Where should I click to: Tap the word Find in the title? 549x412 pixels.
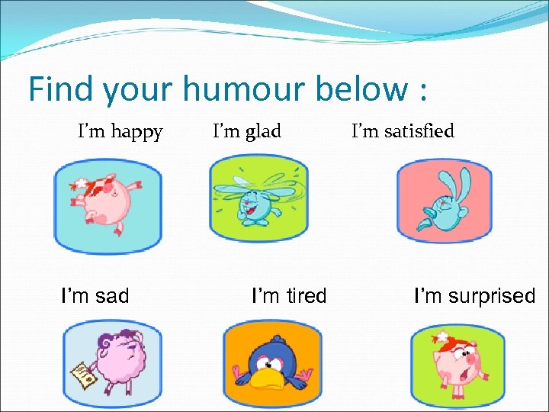[x=62, y=89]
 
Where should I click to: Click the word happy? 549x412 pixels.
[x=136, y=133]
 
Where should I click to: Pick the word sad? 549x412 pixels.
[x=111, y=295]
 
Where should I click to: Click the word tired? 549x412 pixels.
[x=306, y=295]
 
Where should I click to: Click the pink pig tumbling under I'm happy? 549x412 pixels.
[x=104, y=199]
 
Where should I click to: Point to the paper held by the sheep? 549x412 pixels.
[x=83, y=374]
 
